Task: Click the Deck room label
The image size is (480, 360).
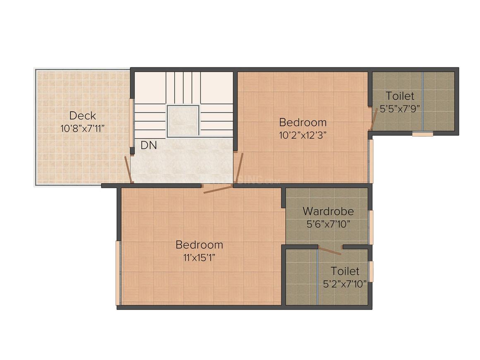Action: [82, 115]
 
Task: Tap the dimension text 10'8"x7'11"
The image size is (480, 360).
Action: [82, 128]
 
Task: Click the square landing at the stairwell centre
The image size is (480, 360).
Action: [183, 120]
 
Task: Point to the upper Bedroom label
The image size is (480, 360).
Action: [302, 122]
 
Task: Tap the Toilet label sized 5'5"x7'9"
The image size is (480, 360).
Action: [400, 96]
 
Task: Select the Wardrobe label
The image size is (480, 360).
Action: [328, 211]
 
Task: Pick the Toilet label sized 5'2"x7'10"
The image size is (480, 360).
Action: [345, 271]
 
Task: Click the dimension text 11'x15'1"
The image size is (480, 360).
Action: [199, 257]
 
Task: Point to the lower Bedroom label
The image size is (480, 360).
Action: [199, 245]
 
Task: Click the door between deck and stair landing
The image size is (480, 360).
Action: [129, 169]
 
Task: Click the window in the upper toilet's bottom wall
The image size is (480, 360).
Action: [422, 134]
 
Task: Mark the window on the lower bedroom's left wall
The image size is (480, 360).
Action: [118, 273]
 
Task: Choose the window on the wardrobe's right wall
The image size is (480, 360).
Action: [371, 227]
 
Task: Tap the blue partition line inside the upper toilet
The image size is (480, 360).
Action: [422, 101]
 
